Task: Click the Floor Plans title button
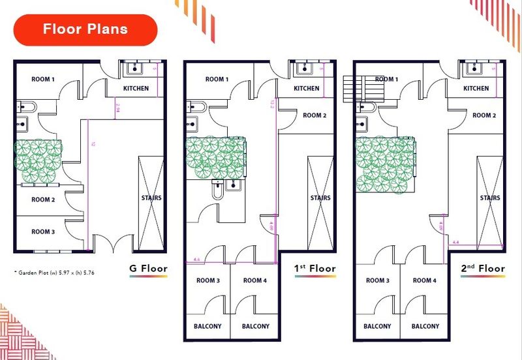(x=85, y=29)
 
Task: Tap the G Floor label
(x=148, y=268)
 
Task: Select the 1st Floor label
(x=315, y=268)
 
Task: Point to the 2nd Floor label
(x=482, y=268)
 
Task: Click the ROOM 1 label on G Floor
(x=44, y=80)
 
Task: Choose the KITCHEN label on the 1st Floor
(x=307, y=89)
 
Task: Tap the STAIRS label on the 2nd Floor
(x=490, y=198)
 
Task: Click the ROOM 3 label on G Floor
(x=43, y=232)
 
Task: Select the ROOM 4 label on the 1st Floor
(x=255, y=280)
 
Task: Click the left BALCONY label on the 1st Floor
(x=207, y=326)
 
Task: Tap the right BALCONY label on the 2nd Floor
(x=425, y=326)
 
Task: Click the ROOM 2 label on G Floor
(x=43, y=200)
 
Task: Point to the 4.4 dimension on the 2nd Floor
(x=455, y=243)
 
